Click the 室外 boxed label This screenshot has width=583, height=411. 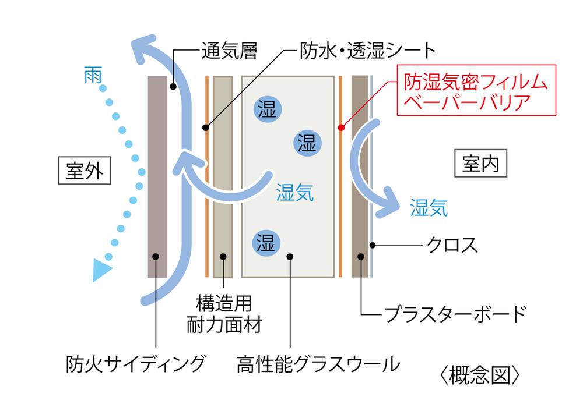point(85,171)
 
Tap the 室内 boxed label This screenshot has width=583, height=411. point(481,164)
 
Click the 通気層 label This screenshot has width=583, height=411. point(229,50)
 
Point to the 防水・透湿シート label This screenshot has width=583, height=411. point(368,50)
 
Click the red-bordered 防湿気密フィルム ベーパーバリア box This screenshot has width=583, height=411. point(477,90)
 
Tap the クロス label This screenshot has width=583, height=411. point(452,245)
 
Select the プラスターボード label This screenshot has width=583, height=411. point(455,314)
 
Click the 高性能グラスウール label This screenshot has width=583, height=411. point(318,364)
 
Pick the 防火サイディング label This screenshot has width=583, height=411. point(136,364)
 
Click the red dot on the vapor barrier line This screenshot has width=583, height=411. point(341,127)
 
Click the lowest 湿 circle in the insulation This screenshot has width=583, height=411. point(266,243)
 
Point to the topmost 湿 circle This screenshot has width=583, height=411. point(268,109)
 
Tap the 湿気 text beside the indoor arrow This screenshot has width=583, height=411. point(429,208)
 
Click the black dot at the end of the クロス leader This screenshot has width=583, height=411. point(372,245)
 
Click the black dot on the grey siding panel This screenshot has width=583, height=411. point(156,257)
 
